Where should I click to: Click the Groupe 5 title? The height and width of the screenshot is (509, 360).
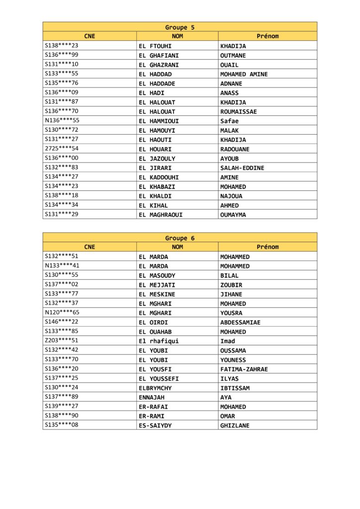pos(180,27)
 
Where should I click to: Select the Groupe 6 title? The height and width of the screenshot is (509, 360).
pos(180,238)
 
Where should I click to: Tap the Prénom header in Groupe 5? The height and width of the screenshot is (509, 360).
pos(268,36)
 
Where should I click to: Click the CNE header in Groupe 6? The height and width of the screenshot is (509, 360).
pos(90,247)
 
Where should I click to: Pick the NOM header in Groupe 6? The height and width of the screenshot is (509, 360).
pos(177,247)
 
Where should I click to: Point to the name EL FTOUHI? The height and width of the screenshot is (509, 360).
pos(155,46)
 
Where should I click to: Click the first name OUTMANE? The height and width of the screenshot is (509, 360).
pos(233,56)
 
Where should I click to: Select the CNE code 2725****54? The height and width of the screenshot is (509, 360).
pos(62,149)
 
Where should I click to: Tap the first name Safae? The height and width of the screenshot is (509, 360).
pos(230,121)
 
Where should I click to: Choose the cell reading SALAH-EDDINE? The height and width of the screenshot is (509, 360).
pos(242,168)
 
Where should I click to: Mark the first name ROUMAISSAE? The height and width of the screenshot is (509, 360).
pos(239,112)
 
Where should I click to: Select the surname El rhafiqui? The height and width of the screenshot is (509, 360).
pos(159,341)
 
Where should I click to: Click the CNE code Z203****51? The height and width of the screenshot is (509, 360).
pos(62,341)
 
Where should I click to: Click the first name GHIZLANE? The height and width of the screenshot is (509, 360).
pos(235,426)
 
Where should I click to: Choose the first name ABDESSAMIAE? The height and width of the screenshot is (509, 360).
pos(240,323)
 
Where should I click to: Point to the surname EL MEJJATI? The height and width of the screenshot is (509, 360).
pos(157,285)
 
